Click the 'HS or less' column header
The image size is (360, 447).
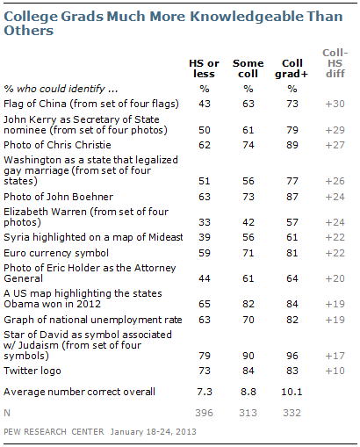click(x=204, y=68)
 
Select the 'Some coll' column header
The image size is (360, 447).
click(x=248, y=68)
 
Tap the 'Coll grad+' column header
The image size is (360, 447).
click(x=292, y=68)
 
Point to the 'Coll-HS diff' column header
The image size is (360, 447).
click(x=335, y=63)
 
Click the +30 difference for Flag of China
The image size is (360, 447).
click(x=335, y=104)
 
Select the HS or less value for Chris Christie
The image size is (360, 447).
click(x=205, y=145)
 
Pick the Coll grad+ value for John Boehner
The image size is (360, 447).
click(x=292, y=197)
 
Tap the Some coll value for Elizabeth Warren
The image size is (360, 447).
click(x=248, y=222)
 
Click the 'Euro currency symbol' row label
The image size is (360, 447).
click(x=56, y=253)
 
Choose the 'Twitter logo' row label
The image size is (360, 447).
click(x=32, y=371)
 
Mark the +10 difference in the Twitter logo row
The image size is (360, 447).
click(x=335, y=371)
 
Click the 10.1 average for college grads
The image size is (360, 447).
click(x=292, y=392)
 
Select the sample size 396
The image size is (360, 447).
click(x=205, y=413)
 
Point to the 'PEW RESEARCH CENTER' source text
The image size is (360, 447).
click(x=54, y=432)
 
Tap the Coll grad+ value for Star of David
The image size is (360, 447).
click(x=292, y=356)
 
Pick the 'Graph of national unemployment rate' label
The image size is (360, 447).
click(x=93, y=320)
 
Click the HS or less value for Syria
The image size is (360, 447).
click(x=205, y=237)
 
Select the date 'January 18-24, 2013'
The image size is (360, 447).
click(x=154, y=432)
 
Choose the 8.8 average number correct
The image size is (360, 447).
click(x=248, y=392)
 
